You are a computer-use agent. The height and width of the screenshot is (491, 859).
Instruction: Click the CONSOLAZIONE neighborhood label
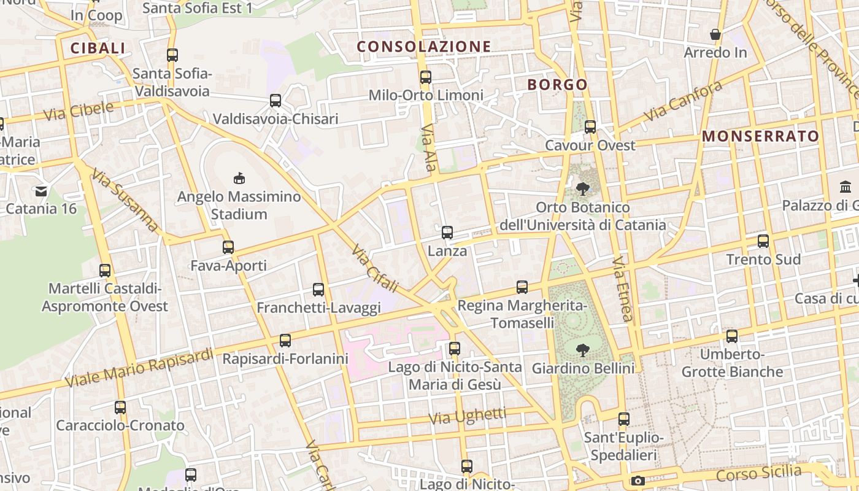point(424,47)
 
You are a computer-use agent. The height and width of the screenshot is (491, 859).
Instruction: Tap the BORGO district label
point(557,85)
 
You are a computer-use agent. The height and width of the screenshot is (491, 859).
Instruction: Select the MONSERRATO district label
point(760,136)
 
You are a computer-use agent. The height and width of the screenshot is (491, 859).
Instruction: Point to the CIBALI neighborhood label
point(98,48)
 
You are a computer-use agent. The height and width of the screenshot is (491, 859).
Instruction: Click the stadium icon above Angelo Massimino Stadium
point(239,179)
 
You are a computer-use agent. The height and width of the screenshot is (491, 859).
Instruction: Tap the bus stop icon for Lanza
point(447,233)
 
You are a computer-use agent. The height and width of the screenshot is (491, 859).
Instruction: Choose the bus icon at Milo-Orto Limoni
point(426,77)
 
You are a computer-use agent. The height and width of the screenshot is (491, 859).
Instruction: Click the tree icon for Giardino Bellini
point(582,350)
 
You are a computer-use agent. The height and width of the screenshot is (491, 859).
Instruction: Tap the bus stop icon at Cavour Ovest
point(590,127)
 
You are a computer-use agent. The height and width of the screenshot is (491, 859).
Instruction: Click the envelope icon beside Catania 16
point(41,191)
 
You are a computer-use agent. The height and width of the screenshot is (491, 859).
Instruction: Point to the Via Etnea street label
point(622,289)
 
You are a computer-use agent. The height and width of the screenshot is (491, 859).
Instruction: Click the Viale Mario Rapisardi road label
point(139,368)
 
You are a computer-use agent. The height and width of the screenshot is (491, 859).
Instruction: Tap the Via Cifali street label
point(375,269)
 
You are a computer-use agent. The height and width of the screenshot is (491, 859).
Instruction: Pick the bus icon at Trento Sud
point(763,241)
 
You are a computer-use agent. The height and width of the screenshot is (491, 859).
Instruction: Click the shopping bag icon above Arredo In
point(715,34)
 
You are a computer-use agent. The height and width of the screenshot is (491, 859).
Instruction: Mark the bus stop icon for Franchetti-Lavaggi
point(318,290)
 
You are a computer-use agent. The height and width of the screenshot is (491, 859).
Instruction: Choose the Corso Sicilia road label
point(758,474)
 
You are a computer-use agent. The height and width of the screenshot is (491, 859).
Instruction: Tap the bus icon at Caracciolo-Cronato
point(120,408)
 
